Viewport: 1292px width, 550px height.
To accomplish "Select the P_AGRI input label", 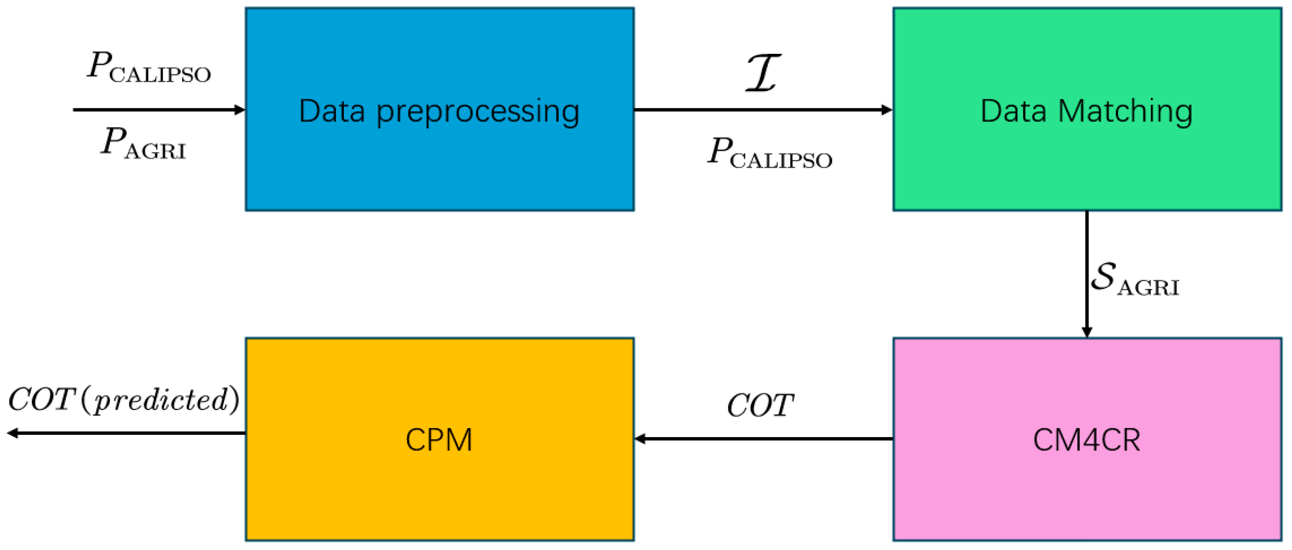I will click(x=143, y=143).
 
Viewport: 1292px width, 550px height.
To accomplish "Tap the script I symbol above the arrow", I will click(x=763, y=73).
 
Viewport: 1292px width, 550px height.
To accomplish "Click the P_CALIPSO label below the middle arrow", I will click(x=769, y=153).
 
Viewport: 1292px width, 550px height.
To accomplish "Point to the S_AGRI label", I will click(x=1135, y=279).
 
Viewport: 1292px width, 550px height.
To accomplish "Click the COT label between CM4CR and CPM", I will click(x=760, y=405).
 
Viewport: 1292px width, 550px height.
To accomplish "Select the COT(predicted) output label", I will click(x=123, y=399).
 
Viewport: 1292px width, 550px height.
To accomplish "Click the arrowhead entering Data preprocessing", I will click(x=240, y=109).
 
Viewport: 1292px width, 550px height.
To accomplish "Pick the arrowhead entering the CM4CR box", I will click(x=1086, y=332).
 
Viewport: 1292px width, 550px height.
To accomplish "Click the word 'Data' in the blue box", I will click(x=331, y=111).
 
